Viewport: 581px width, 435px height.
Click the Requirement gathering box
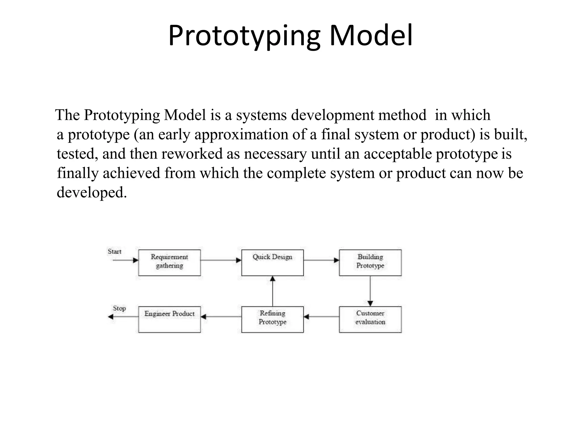tap(169, 263)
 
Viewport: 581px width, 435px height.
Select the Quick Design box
tap(272, 263)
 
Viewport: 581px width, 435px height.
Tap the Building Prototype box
tap(370, 263)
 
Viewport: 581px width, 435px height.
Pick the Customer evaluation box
tap(370, 319)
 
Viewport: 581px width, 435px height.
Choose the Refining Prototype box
tap(272, 319)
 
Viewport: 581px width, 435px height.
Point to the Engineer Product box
tap(169, 319)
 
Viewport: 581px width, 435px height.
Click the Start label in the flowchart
tap(114, 251)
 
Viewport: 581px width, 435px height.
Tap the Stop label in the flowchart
tap(119, 308)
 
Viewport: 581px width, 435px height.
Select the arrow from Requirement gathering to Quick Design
tap(221, 260)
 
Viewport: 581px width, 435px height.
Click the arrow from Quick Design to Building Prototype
tap(321, 260)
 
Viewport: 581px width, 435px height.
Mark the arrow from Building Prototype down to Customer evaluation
tap(370, 291)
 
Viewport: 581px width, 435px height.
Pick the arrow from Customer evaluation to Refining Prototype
tap(321, 317)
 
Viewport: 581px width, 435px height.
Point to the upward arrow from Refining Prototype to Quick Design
tap(272, 291)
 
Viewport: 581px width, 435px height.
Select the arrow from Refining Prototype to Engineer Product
tap(221, 317)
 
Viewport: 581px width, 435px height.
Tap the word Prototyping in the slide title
tap(244, 36)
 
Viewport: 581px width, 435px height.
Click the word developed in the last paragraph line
tap(91, 193)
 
